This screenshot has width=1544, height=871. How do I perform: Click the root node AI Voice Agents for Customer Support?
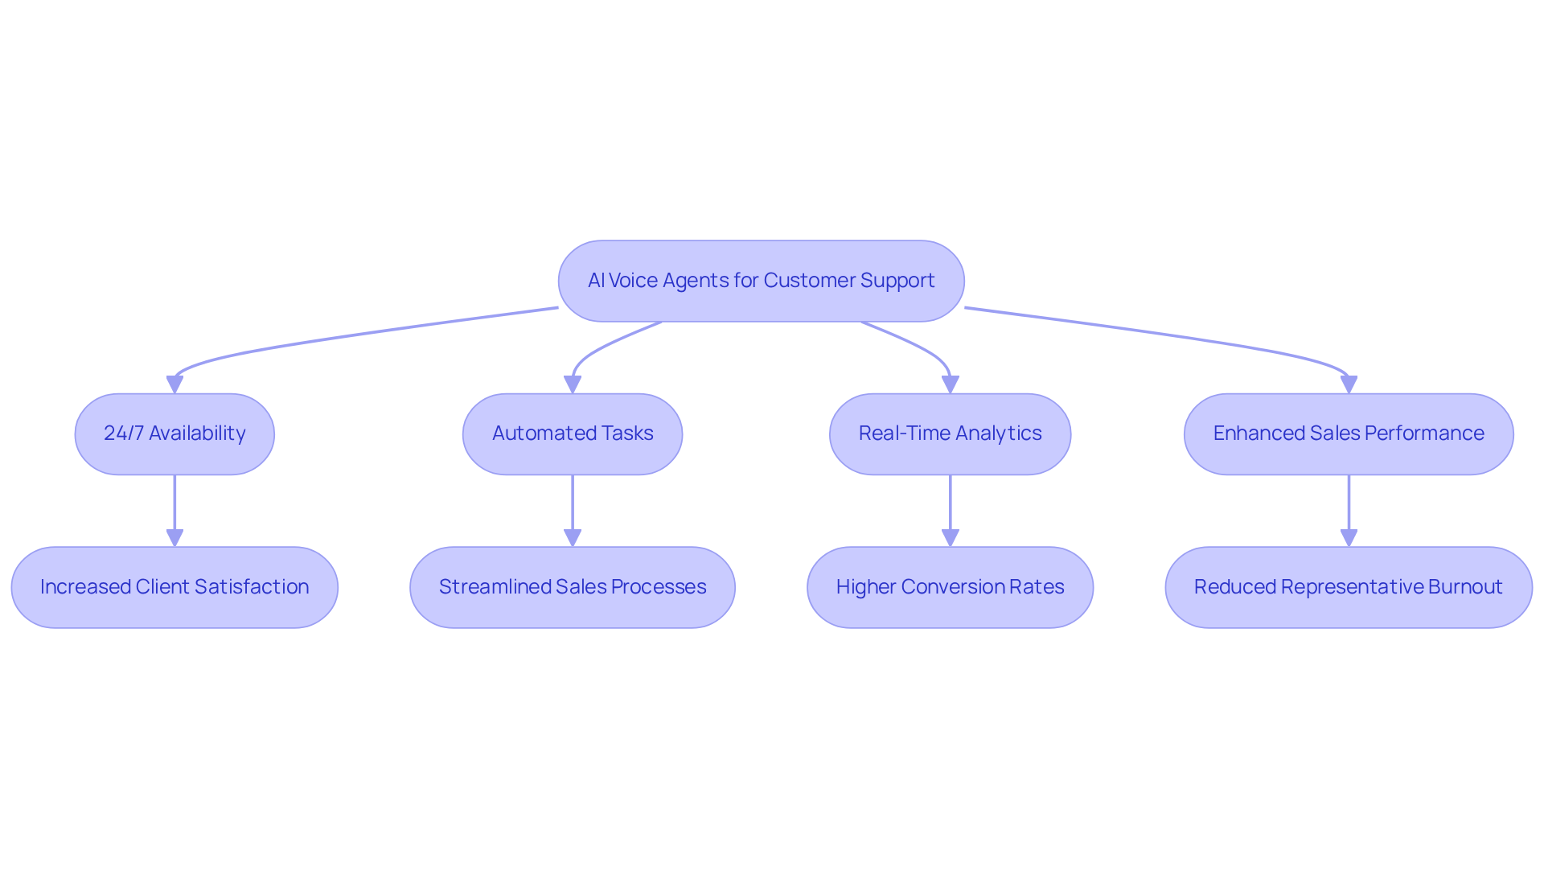coord(761,281)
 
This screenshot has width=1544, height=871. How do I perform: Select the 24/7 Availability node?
coord(175,433)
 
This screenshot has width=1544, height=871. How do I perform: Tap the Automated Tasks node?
coord(573,433)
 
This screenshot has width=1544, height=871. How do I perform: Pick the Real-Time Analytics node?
coord(950,433)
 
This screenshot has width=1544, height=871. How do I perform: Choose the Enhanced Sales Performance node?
coord(1349,433)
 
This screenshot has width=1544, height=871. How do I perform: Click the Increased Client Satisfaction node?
coord(175,587)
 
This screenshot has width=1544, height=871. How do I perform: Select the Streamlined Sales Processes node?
coord(573,587)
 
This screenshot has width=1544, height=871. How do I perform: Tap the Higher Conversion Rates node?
coord(950,587)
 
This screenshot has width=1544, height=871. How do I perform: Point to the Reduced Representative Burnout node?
coord(1349,587)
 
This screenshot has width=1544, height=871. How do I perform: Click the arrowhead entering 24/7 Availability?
coord(175,384)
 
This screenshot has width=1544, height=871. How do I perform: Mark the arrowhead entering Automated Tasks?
coord(573,384)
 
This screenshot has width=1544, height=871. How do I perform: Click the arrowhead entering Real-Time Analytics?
coord(950,384)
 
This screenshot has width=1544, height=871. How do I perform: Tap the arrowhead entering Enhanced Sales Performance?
coord(1349,384)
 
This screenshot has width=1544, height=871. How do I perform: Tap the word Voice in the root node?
coord(633,281)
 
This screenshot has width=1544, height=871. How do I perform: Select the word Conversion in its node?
coord(951,587)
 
